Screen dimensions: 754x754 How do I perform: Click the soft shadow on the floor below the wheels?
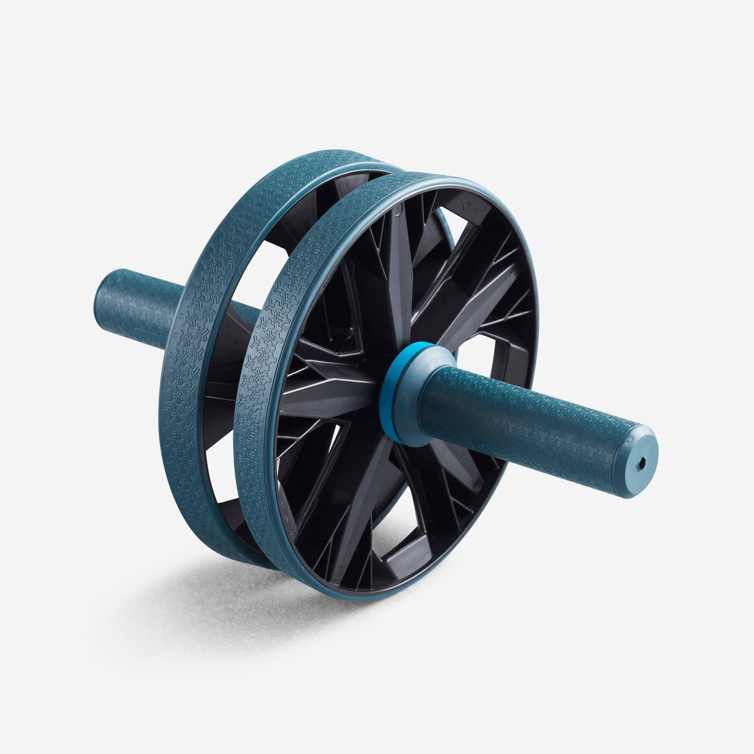tap(234, 609)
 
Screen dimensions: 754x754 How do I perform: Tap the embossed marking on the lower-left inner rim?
tap(287, 515)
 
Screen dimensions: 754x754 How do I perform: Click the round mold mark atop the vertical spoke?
tap(397, 211)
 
